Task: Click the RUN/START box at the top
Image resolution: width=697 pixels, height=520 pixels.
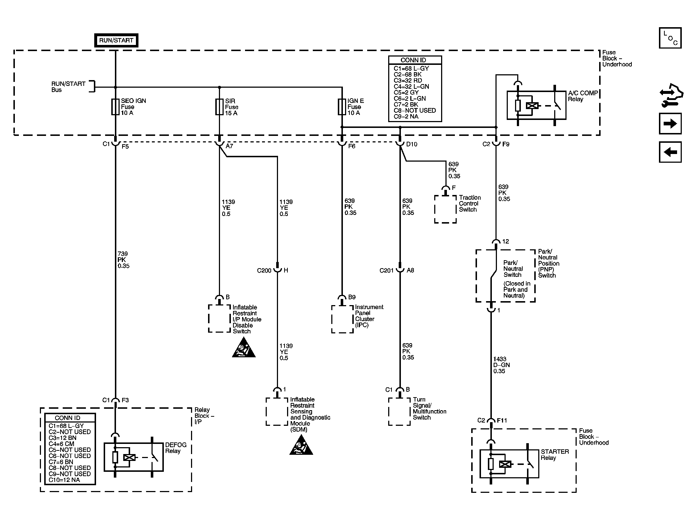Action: click(x=116, y=40)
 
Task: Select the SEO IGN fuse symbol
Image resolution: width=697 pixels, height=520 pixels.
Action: click(x=115, y=107)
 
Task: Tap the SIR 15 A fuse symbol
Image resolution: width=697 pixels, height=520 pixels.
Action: click(x=219, y=107)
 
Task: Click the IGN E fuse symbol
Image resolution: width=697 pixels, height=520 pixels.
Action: click(x=342, y=107)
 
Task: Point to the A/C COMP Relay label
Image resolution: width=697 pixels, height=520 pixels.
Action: click(x=583, y=96)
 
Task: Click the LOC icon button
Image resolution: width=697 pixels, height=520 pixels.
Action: click(x=670, y=38)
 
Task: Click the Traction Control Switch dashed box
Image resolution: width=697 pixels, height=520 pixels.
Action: click(x=445, y=209)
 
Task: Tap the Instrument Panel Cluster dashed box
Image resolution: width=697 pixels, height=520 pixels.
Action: click(x=342, y=319)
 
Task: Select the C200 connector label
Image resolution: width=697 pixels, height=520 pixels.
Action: click(x=264, y=271)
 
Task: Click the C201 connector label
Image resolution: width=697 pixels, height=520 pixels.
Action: click(x=386, y=271)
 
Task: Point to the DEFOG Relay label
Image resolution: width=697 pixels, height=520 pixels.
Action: click(x=176, y=448)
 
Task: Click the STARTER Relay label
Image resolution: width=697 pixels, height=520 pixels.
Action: click(x=555, y=455)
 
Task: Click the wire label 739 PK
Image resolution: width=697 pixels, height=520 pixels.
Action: click(x=123, y=260)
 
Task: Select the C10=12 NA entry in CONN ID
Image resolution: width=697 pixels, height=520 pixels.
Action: click(x=65, y=480)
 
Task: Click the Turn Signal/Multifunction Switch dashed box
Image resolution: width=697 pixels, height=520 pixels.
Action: click(x=399, y=412)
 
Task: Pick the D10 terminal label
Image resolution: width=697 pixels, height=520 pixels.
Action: click(x=412, y=144)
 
